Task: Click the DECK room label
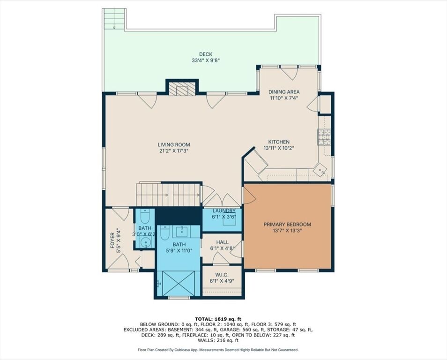pos(206,54)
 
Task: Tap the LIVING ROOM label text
pos(174,145)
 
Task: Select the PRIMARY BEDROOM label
pos(287,225)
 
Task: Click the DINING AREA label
pos(284,92)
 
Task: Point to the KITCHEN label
pos(279,142)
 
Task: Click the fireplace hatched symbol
pos(182,89)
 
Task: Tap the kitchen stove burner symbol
pos(324,136)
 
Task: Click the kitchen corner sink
pos(320,170)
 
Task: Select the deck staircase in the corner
pos(114,19)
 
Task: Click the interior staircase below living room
pos(168,195)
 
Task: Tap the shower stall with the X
pos(179,283)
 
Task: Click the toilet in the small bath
pos(145,217)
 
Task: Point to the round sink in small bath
pos(146,243)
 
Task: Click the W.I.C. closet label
pos(222,275)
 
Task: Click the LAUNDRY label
pos(224,211)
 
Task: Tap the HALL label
pos(223,242)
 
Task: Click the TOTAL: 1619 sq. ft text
pos(218,319)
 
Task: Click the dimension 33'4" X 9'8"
pos(206,60)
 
